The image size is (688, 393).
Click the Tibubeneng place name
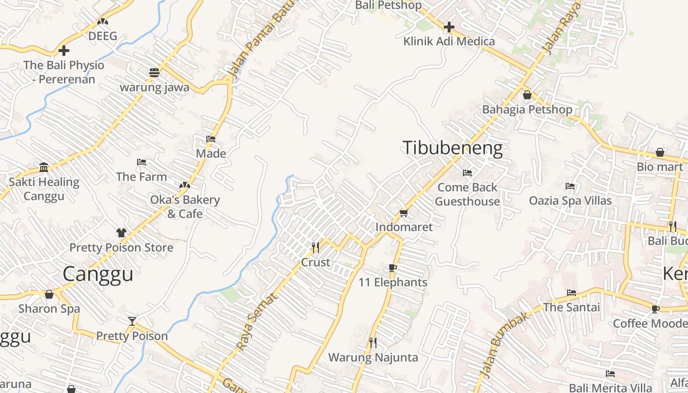pyautogui.click(x=453, y=148)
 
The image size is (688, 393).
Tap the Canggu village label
pyautogui.click(x=98, y=274)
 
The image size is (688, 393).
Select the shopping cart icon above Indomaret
pyautogui.click(x=403, y=213)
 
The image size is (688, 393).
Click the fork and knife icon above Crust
pyautogui.click(x=315, y=247)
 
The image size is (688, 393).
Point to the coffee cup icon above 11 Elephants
pyautogui.click(x=392, y=268)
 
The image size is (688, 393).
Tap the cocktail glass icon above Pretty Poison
pyautogui.click(x=132, y=321)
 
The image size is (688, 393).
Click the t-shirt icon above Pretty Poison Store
pyautogui.click(x=121, y=232)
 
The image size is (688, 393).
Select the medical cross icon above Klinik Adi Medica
pyautogui.click(x=449, y=27)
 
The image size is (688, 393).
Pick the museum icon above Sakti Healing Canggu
pyautogui.click(x=44, y=167)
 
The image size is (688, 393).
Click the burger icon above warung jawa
pyautogui.click(x=154, y=73)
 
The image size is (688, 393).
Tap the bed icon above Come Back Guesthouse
pyautogui.click(x=467, y=173)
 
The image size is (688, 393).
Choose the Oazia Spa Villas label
pyautogui.click(x=570, y=200)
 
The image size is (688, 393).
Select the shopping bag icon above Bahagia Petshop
pyautogui.click(x=527, y=95)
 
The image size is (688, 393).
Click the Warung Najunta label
pyautogui.click(x=373, y=357)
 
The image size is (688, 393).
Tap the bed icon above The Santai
pyautogui.click(x=572, y=293)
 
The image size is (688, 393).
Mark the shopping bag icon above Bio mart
pyautogui.click(x=659, y=152)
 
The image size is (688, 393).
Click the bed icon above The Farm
pyautogui.click(x=142, y=162)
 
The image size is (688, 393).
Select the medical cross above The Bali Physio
pyautogui.click(x=63, y=50)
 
